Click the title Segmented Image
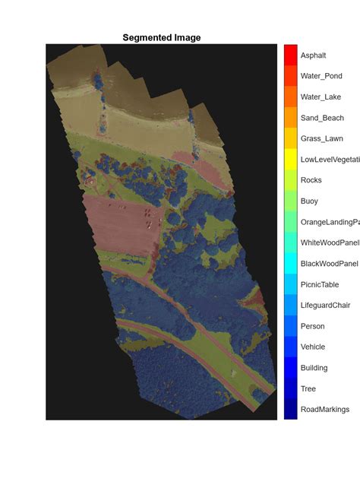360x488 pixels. point(162,37)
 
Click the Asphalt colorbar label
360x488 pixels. point(313,55)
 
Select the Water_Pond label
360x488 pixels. point(321,76)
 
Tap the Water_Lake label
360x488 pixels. point(321,97)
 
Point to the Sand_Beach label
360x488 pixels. point(322,118)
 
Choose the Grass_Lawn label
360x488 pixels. point(322,138)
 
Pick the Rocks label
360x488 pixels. point(311,180)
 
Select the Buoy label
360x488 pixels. point(310,201)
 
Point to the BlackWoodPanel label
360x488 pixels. point(329,264)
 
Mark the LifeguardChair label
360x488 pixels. point(325,305)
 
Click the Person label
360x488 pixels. point(312,326)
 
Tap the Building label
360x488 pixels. point(314,368)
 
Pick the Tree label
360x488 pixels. point(308,388)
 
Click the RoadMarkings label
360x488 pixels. point(325,409)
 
